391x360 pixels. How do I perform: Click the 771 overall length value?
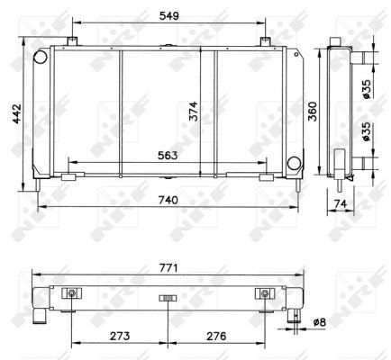(x=168, y=267)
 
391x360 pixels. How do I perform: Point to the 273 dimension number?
(x=119, y=336)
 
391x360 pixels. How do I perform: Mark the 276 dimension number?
(x=216, y=336)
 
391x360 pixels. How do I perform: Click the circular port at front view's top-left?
(x=40, y=57)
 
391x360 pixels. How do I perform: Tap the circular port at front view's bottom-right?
(x=294, y=163)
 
